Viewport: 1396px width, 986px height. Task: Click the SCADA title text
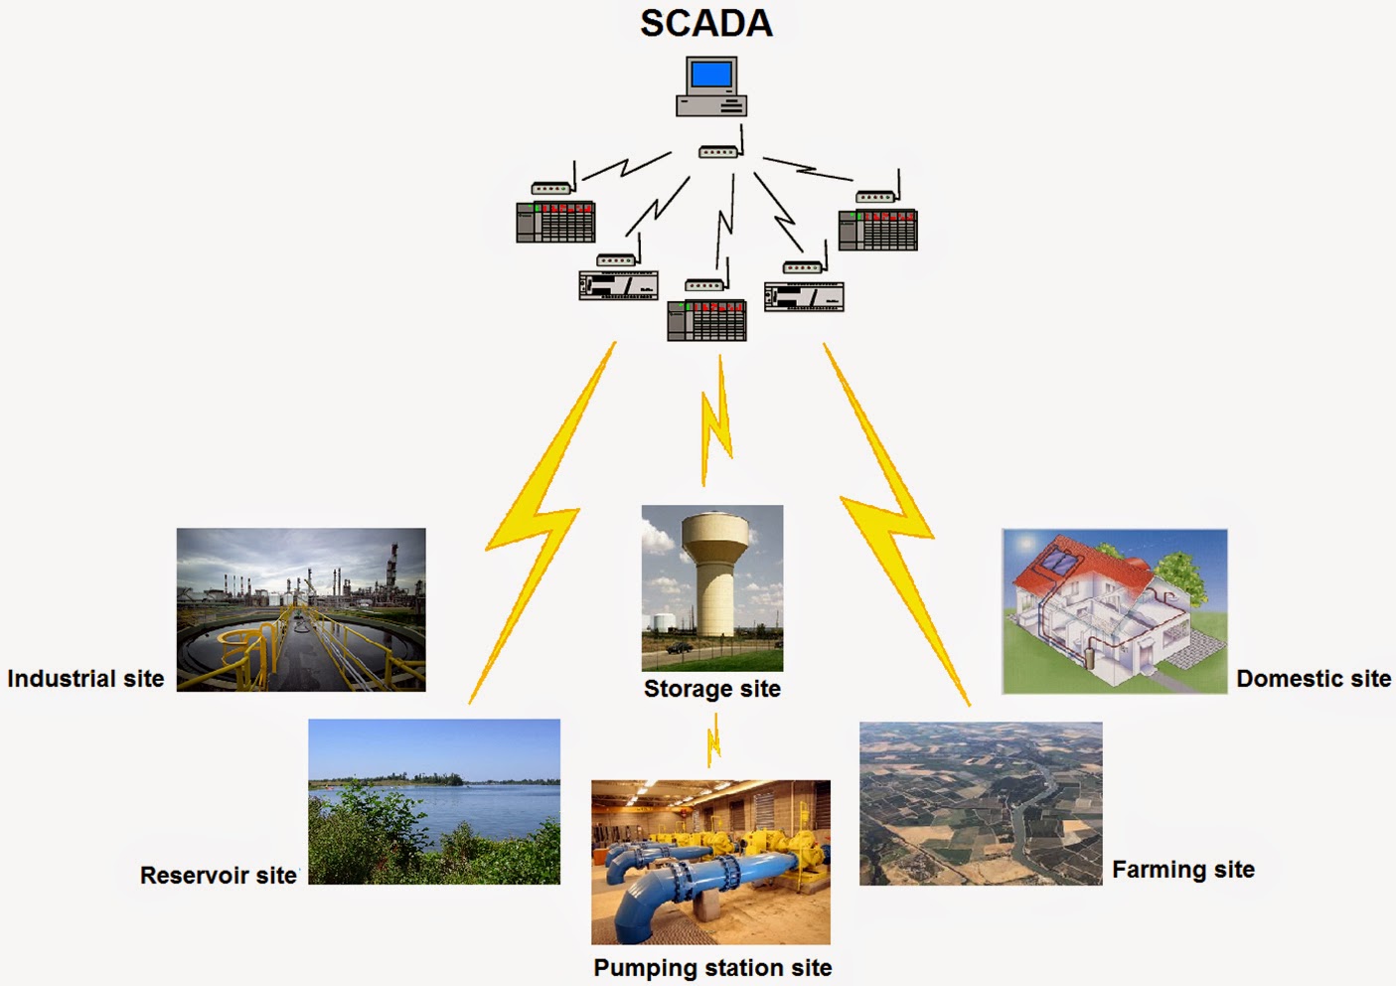coord(706,24)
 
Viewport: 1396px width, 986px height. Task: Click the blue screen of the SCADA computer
coord(711,75)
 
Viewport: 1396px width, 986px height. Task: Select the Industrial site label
coord(85,678)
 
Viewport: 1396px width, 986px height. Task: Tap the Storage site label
coord(711,689)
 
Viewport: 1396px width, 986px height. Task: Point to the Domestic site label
coord(1314,678)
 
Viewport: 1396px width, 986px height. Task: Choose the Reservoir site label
coord(219,875)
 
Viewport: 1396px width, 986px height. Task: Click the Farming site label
coord(1182,870)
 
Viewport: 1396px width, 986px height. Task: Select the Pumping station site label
coord(712,968)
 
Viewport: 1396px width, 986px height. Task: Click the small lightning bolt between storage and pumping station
coord(713,740)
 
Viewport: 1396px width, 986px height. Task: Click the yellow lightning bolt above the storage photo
coord(715,421)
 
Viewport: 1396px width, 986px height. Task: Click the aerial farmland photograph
coord(981,803)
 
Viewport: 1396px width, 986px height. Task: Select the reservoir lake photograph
coord(434,801)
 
